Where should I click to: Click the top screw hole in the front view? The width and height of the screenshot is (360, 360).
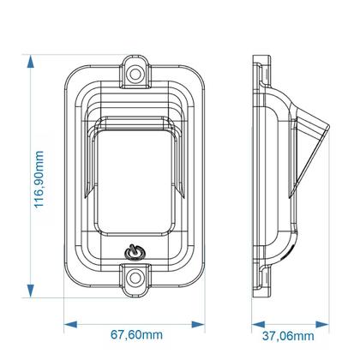(x=135, y=74)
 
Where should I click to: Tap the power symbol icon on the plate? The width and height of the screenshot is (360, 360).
(x=134, y=253)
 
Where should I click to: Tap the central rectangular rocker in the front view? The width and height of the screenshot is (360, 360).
(x=134, y=180)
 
